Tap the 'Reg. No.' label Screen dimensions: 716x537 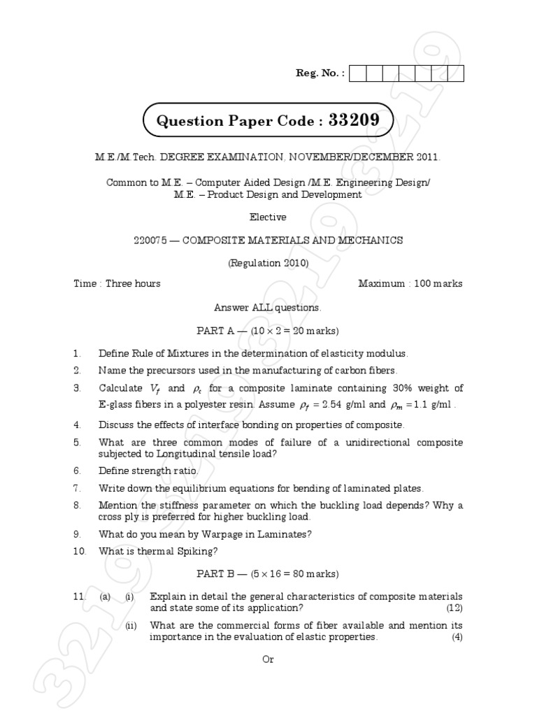pos(320,73)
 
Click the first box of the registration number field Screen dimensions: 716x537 pos(356,73)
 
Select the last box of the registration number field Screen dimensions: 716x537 pos(456,73)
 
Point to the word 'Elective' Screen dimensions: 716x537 pos(268,217)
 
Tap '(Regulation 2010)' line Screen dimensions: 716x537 pos(268,263)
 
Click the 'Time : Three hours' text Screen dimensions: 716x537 pos(117,283)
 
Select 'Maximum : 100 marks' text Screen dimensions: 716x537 pos(410,283)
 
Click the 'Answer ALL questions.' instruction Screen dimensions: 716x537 pos(268,307)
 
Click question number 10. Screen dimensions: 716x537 pos(80,551)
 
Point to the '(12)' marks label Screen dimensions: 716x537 pos(454,608)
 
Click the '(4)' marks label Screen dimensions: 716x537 pos(457,637)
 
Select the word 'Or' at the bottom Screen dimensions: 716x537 pos(268,660)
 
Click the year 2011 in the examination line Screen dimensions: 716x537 pos(427,158)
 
